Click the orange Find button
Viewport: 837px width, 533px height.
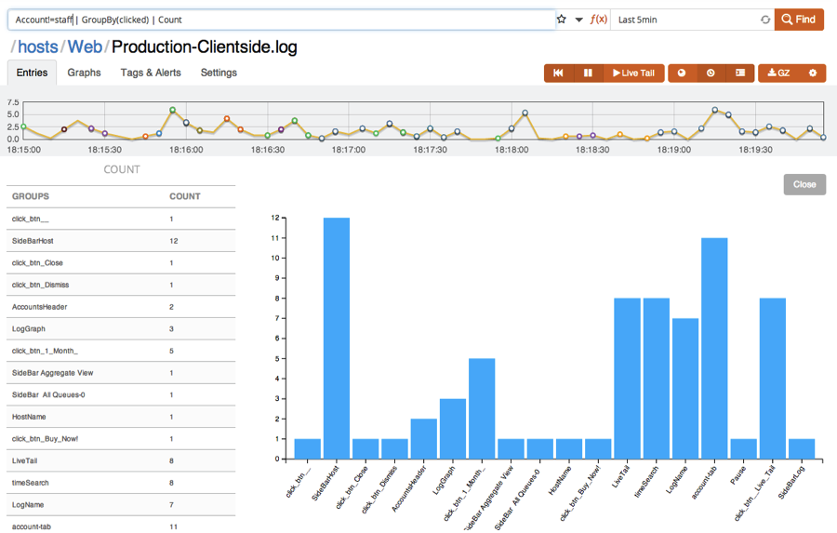799,19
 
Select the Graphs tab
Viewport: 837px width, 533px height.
84,73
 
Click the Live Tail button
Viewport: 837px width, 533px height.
632,73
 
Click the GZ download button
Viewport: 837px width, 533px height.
778,73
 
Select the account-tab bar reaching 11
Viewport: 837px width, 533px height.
714,349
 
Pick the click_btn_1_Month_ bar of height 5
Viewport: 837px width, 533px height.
482,409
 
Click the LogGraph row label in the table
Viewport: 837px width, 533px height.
29,328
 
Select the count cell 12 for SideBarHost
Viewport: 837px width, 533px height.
174,241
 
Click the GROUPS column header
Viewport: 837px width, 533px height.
31,196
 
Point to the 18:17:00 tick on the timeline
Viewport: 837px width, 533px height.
349,149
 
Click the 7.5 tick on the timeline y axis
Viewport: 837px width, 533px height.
13,103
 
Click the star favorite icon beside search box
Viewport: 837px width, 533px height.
562,19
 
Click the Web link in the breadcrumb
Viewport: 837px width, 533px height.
85,47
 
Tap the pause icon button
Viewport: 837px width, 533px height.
588,73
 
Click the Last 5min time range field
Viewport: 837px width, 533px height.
684,19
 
